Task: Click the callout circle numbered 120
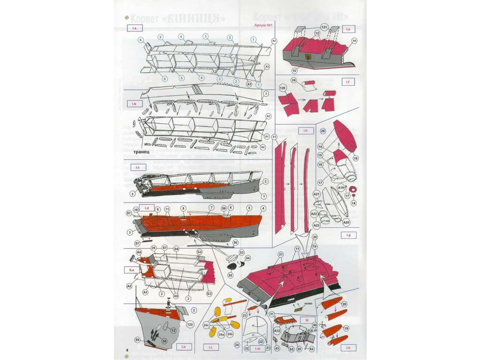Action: point(282,88)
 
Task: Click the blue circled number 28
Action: point(323,132)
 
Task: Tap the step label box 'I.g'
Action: point(348,234)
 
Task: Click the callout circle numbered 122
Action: point(190,323)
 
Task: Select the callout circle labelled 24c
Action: point(206,324)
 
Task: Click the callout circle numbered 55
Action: point(230,276)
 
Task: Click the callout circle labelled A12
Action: point(277,331)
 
